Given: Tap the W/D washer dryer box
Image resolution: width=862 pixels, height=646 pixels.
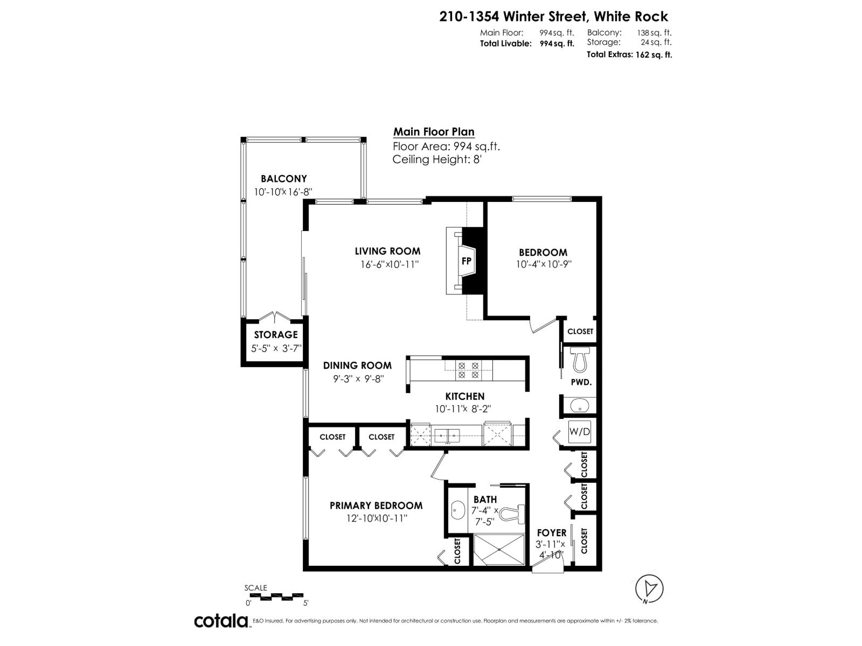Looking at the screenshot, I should coord(579,431).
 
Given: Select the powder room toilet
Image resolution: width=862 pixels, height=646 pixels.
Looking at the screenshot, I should coord(580,360).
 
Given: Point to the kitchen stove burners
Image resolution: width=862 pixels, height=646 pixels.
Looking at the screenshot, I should coord(468,369).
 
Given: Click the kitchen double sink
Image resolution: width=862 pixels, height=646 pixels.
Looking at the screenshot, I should coord(447,433).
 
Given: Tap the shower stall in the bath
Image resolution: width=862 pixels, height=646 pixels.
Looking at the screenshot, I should coord(498,549).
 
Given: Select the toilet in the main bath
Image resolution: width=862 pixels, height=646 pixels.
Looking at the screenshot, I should coord(513,514).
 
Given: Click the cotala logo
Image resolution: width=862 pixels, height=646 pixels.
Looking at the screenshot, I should coord(221,621).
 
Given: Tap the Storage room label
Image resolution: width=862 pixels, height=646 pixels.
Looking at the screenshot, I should coord(276,335).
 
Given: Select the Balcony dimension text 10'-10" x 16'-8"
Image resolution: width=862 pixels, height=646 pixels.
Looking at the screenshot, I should coord(283,192).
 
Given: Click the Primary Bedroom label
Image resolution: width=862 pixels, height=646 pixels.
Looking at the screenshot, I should coord(376,505).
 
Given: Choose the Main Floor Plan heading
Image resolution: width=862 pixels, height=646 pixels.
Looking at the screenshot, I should coord(434,132).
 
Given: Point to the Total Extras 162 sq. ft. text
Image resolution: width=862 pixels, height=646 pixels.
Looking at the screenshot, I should coord(629,54).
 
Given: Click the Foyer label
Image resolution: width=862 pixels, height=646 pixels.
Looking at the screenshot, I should coord(551,533).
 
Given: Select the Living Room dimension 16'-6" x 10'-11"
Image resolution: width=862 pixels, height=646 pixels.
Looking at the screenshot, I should coord(390,264).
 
